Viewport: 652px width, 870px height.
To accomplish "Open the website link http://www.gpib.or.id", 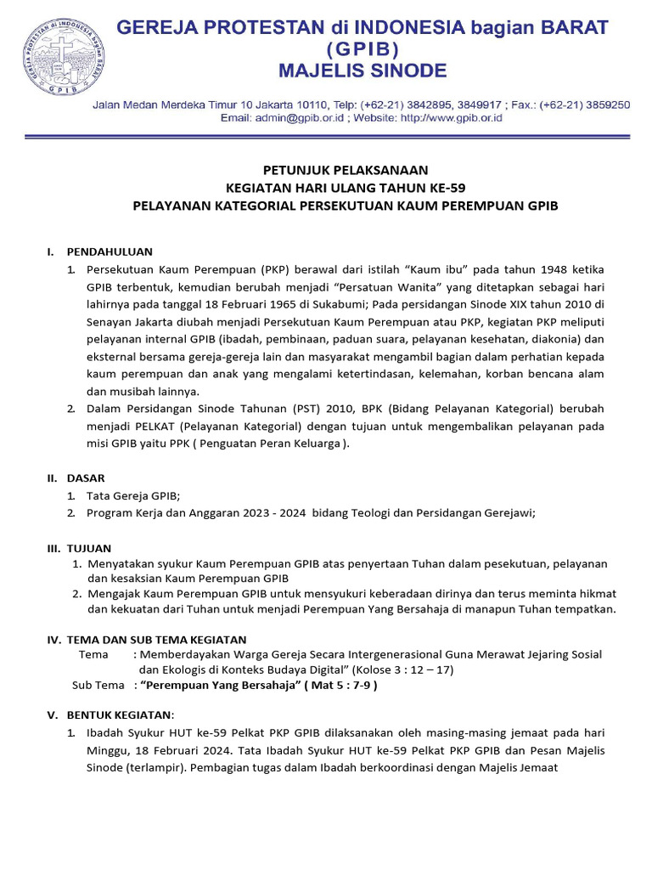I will (x=451, y=118).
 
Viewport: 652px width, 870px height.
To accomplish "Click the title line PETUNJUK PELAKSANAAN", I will (x=344, y=170).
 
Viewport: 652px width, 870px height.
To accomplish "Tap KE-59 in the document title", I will (x=441, y=188).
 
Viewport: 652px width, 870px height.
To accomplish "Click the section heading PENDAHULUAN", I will (x=110, y=251).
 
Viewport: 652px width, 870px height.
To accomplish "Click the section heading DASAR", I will (x=86, y=478).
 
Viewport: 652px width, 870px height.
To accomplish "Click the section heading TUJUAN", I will (x=89, y=548).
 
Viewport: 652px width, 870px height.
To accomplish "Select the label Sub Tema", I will (x=98, y=686).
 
